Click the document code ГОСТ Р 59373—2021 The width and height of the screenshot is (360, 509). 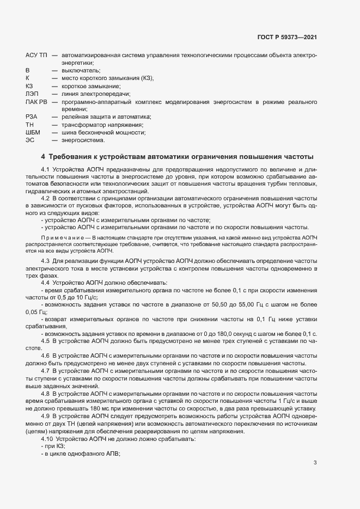click(x=288, y=38)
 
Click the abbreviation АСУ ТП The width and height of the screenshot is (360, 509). click(x=36, y=56)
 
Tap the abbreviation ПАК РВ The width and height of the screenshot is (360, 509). click(x=36, y=102)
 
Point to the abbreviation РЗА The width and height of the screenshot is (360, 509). click(x=31, y=117)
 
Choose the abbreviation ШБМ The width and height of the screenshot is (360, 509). click(x=33, y=132)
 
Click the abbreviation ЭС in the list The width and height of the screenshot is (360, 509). click(x=29, y=140)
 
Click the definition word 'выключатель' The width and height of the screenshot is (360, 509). click(x=80, y=71)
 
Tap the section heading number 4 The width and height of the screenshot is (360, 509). click(x=42, y=157)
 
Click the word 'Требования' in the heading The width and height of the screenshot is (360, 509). click(x=70, y=157)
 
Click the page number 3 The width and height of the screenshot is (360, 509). click(x=315, y=463)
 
